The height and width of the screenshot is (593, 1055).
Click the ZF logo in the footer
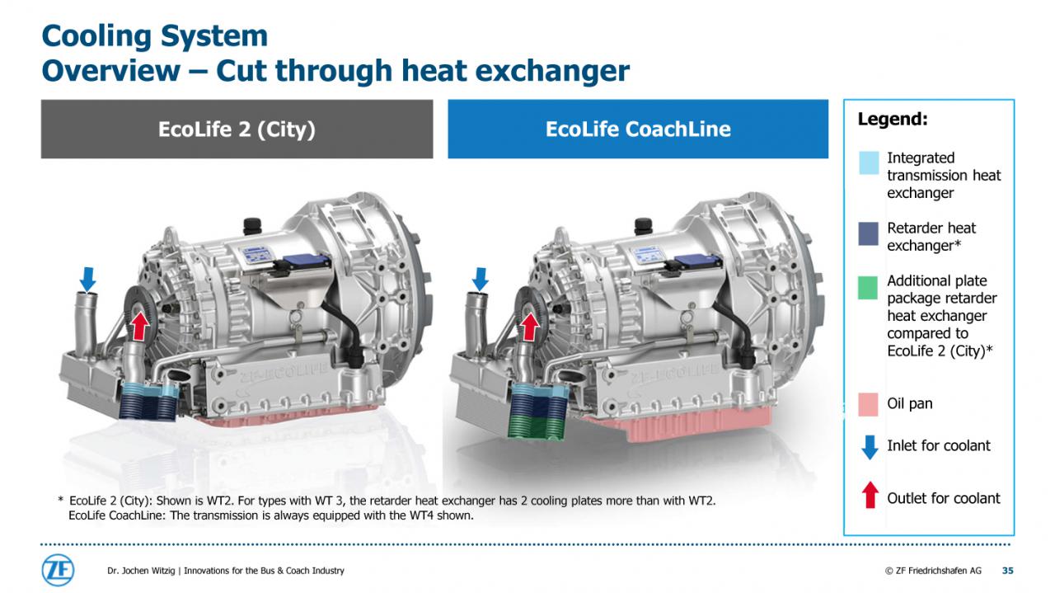click(58, 570)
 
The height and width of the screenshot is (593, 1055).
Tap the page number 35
click(1007, 571)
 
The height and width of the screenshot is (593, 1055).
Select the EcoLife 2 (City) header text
click(237, 129)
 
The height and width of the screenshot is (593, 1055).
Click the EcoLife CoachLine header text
click(638, 129)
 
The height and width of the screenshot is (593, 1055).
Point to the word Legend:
click(893, 119)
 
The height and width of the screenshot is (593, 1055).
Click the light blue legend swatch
click(869, 163)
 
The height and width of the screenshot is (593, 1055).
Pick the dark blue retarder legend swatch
click(869, 233)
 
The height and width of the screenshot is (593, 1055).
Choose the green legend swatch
click(868, 288)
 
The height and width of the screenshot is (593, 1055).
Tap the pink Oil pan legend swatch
click(868, 404)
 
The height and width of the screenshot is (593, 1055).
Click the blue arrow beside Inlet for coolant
click(870, 447)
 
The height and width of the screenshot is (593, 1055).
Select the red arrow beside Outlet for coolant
click(870, 495)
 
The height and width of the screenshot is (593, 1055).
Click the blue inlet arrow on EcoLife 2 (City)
click(87, 280)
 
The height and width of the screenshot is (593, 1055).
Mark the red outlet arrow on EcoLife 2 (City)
click(139, 327)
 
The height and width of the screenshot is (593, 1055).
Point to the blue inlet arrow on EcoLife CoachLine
click(480, 280)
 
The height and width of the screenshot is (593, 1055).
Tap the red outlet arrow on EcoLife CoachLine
click(530, 327)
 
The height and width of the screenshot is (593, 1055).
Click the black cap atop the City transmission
click(252, 225)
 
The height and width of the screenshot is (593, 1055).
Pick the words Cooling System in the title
click(154, 35)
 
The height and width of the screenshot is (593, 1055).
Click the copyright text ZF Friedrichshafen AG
click(933, 571)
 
